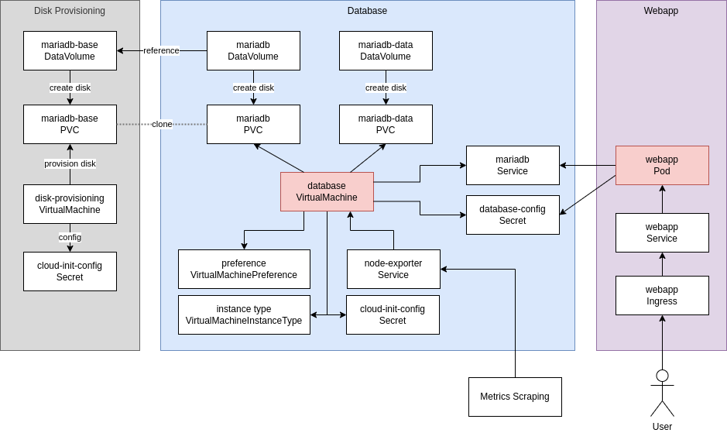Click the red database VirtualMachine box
tap(327, 191)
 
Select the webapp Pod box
tap(662, 165)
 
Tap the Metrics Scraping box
tap(515, 397)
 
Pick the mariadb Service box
tap(513, 165)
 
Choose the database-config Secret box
tap(513, 215)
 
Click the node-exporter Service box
tap(393, 269)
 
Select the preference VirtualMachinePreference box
tap(244, 269)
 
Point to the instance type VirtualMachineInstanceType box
tap(244, 314)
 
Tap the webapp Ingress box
tap(662, 295)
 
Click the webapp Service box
tap(662, 232)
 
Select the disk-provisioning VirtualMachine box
tap(70, 204)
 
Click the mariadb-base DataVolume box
tap(70, 50)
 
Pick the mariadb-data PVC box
tap(386, 124)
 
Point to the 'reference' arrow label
tap(161, 50)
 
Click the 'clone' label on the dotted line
tap(162, 124)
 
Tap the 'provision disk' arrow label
tap(70, 163)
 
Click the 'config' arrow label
tap(70, 237)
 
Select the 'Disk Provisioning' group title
tap(70, 11)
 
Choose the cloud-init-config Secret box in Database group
tap(393, 314)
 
